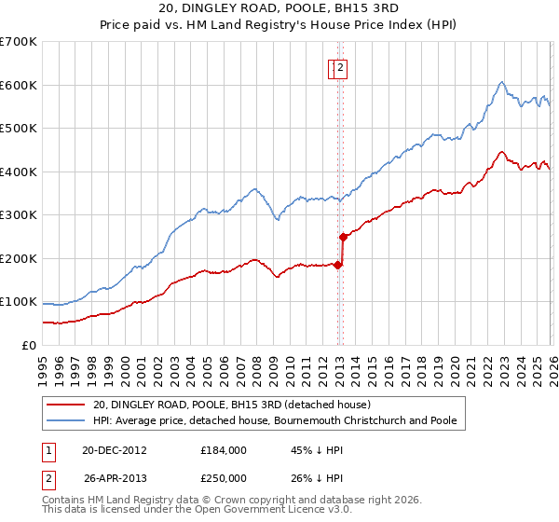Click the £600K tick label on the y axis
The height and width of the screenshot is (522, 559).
pos(18,85)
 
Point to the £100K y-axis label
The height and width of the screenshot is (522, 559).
pos(18,302)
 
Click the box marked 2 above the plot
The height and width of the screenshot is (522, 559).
pos(341,67)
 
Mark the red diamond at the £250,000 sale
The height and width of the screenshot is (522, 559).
pos(343,237)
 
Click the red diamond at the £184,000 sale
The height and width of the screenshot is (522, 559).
pos(337,265)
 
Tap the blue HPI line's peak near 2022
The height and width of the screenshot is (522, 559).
pos(501,82)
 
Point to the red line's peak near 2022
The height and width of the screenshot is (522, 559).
pos(501,152)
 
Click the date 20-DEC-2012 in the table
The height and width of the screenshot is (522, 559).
pos(114,450)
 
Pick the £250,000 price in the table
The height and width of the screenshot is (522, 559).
pos(224,478)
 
